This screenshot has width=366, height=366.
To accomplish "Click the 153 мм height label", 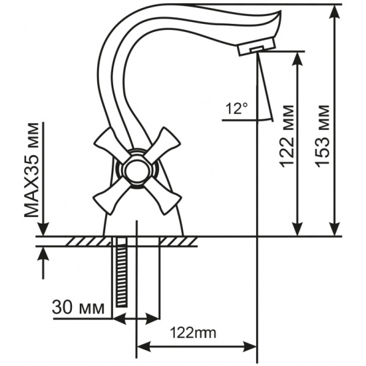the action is (323, 136).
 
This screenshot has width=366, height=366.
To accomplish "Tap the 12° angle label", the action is (237, 108).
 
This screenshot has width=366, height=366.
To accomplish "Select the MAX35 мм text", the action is (31, 170).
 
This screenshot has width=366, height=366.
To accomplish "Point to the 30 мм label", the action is (78, 307).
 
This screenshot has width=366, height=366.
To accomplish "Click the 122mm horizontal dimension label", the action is (193, 333).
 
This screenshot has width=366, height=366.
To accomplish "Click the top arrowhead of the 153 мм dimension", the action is (335, 11).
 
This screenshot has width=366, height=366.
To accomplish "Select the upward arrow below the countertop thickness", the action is (43, 262).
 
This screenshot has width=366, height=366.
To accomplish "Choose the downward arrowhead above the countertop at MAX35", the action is (43, 229).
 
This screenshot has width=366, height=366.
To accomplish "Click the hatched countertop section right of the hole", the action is (178, 241).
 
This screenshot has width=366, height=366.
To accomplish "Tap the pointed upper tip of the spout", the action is (281, 11).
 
